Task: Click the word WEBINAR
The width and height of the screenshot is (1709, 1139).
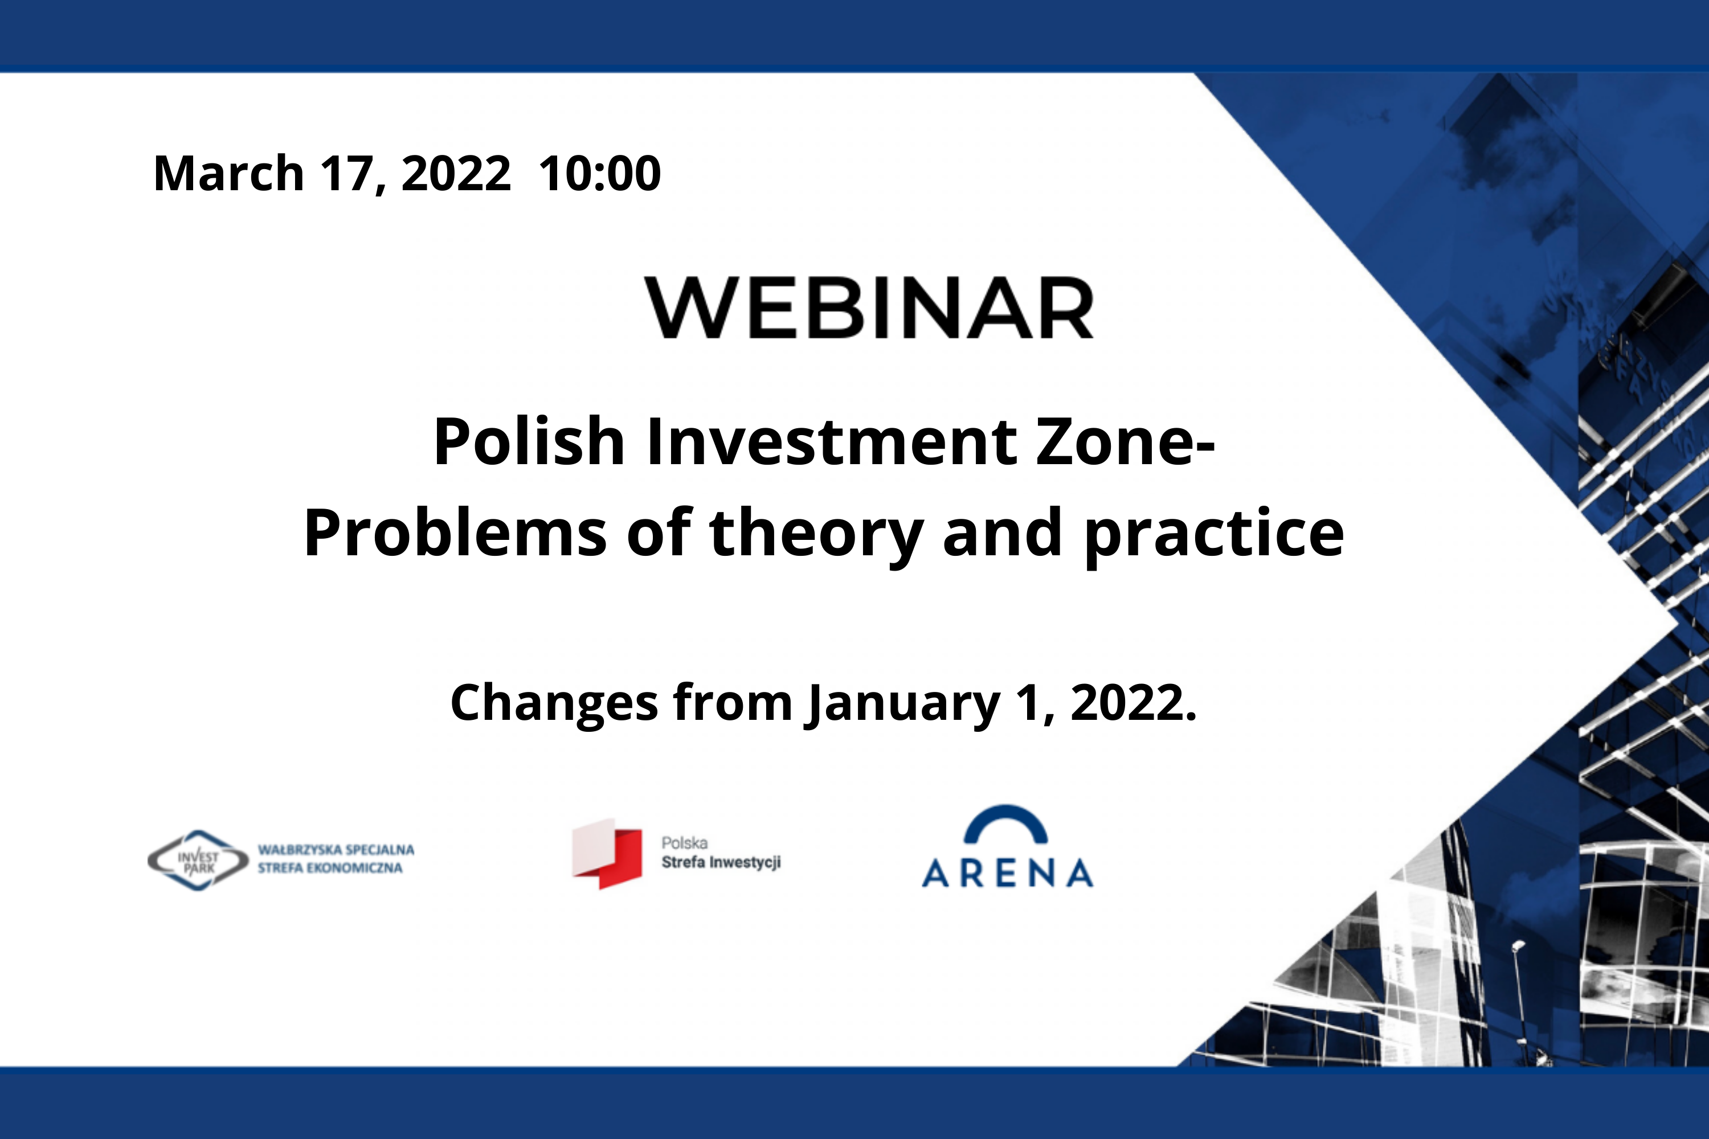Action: (x=869, y=308)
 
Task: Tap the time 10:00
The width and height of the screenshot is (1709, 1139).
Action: (x=599, y=174)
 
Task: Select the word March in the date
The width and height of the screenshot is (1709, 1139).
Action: (x=229, y=174)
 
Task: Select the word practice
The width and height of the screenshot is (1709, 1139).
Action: (x=1214, y=538)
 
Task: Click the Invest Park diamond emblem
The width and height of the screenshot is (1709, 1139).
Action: (x=198, y=861)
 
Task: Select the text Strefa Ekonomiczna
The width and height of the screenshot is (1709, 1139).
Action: (x=330, y=868)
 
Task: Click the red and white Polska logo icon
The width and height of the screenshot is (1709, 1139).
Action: (x=607, y=854)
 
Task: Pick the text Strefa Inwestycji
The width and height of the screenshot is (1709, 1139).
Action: (x=721, y=862)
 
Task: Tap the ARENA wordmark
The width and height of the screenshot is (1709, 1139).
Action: (x=1008, y=873)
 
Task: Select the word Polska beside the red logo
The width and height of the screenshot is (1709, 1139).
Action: (x=685, y=843)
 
